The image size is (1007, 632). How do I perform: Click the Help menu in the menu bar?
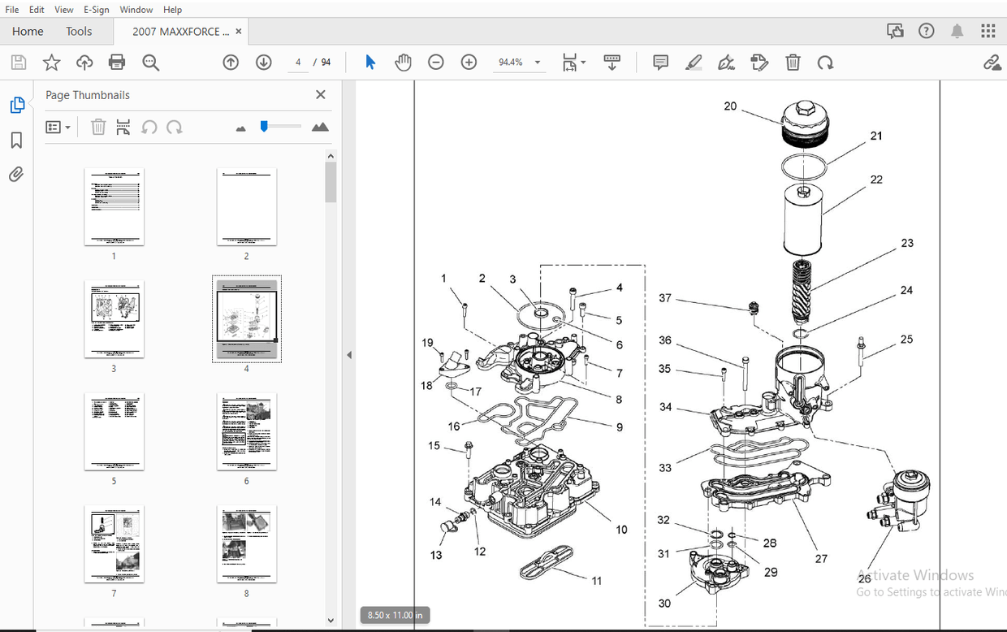point(172,10)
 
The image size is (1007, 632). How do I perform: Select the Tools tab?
point(79,32)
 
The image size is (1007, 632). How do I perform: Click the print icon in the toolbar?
point(117,63)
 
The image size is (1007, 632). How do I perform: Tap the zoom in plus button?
point(469,63)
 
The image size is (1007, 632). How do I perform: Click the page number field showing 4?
point(298,63)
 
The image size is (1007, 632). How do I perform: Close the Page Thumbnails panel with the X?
point(320,95)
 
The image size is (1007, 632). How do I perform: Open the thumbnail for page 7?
point(114,543)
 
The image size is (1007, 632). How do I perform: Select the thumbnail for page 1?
point(114,206)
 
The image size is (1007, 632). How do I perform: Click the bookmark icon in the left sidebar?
point(16,141)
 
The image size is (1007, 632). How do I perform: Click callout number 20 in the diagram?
point(730,106)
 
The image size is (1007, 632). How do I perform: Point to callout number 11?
point(597,581)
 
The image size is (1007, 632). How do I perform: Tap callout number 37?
point(665,299)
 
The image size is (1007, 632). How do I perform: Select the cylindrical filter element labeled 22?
point(804,219)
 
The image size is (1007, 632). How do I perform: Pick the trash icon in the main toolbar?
point(793,63)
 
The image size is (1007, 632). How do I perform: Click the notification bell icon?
point(957,32)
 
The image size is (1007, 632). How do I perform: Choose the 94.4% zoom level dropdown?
point(519,63)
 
